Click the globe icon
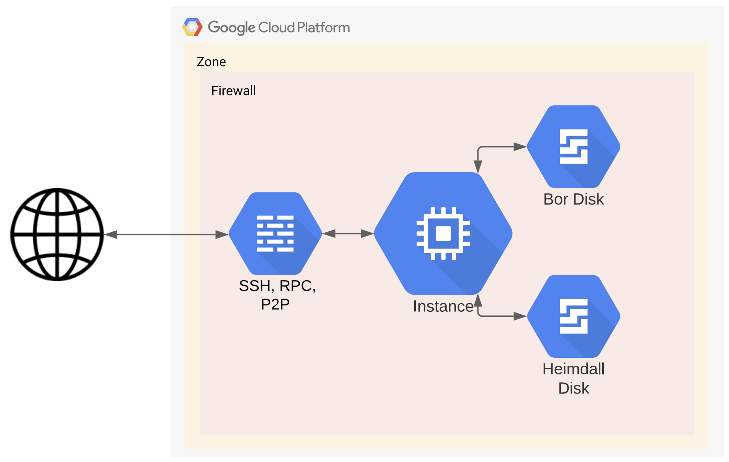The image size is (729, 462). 57,234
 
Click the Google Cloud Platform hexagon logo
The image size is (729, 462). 192,27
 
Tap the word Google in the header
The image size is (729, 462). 231,28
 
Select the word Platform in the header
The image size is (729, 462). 323,28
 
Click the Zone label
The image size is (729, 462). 211,62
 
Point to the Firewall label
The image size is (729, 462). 234,91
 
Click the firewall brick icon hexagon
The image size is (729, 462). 275,233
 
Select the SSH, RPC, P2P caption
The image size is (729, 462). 277,295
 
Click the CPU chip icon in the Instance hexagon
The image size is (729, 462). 443,233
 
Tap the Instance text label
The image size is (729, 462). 443,306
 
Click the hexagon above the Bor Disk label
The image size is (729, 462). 573,147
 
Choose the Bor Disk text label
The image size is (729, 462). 573,199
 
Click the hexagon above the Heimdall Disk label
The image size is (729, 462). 573,316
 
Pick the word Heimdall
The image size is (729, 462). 573,369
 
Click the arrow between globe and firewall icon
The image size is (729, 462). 166,235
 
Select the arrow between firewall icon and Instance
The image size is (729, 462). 348,234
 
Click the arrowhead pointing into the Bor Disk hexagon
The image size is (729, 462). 520,147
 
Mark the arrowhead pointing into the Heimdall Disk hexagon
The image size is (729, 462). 520,316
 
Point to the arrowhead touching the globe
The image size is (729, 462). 111,235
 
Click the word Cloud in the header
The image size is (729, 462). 276,28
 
